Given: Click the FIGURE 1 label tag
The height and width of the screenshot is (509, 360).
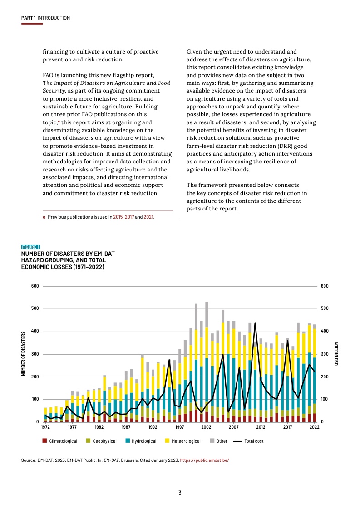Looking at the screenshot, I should coord(31,247).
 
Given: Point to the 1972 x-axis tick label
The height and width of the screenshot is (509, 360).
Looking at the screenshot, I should coord(45,427).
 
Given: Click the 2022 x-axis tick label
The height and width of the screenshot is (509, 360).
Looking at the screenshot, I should coord(314,427).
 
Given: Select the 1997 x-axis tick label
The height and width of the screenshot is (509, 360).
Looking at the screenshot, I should coord(180,427).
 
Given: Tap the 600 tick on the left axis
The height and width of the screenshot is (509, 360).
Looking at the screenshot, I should coord(35,286).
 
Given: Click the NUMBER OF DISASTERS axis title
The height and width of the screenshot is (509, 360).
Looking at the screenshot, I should coord(23,354).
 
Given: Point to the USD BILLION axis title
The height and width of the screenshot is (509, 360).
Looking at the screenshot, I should coord(336,354).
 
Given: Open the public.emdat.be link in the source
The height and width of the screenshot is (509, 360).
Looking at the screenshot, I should coord(204,460).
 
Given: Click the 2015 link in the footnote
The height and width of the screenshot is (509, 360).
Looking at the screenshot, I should coord(118,217).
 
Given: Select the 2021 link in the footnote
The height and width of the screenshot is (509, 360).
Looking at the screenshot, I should coord(148,217).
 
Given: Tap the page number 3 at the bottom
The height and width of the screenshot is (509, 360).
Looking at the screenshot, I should coord(180,493).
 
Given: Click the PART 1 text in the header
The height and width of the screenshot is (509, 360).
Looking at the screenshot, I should coord(29,18).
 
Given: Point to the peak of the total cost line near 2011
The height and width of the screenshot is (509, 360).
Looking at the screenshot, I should coord(255,323).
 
